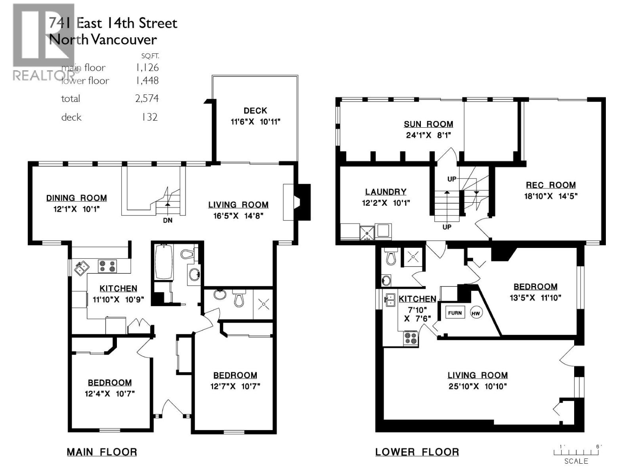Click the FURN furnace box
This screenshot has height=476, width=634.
click(455, 313)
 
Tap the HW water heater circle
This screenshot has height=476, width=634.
click(475, 313)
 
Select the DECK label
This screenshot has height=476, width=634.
click(255, 111)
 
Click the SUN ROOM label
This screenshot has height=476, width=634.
click(428, 124)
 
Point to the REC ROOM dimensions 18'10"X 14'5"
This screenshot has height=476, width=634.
click(551, 196)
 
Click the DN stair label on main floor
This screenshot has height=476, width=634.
click(168, 220)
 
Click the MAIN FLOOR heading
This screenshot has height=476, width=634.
click(102, 452)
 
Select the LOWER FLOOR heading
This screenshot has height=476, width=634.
click(417, 452)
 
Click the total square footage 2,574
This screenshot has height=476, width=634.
click(147, 98)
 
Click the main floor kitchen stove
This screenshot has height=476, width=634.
click(107, 266)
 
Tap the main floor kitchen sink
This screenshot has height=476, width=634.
click(82, 268)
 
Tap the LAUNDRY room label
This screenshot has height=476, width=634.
click(386, 192)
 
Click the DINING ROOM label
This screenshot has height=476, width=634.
click(76, 198)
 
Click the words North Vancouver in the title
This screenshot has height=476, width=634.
click(103, 40)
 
